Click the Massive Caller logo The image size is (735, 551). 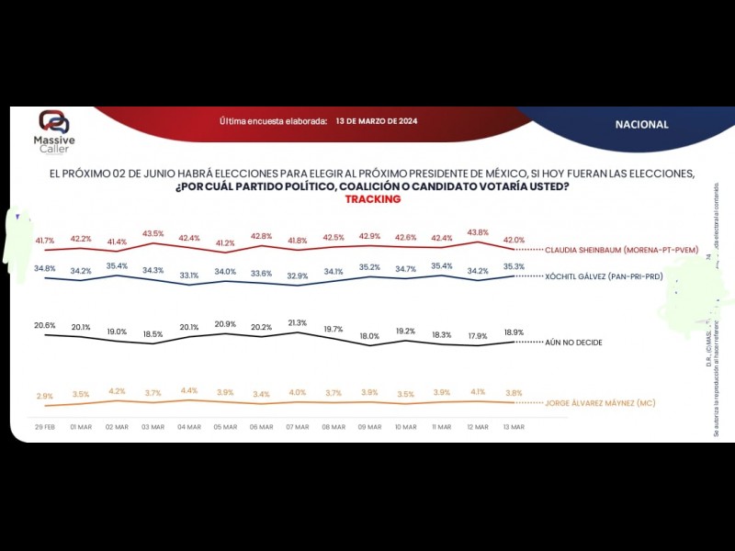[54, 131]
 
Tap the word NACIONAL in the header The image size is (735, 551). [642, 124]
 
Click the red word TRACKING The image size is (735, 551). [372, 199]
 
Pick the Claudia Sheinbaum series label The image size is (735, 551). [620, 249]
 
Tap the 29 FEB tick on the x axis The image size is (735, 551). [46, 427]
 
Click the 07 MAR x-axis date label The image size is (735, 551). [297, 427]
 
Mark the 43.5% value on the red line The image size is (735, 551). [153, 233]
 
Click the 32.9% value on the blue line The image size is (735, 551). [297, 275]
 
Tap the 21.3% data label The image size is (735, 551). [297, 322]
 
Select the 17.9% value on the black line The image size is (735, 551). [477, 335]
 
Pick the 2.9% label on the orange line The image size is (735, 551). [45, 396]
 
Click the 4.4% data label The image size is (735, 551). [189, 390]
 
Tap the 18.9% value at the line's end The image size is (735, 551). [513, 332]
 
